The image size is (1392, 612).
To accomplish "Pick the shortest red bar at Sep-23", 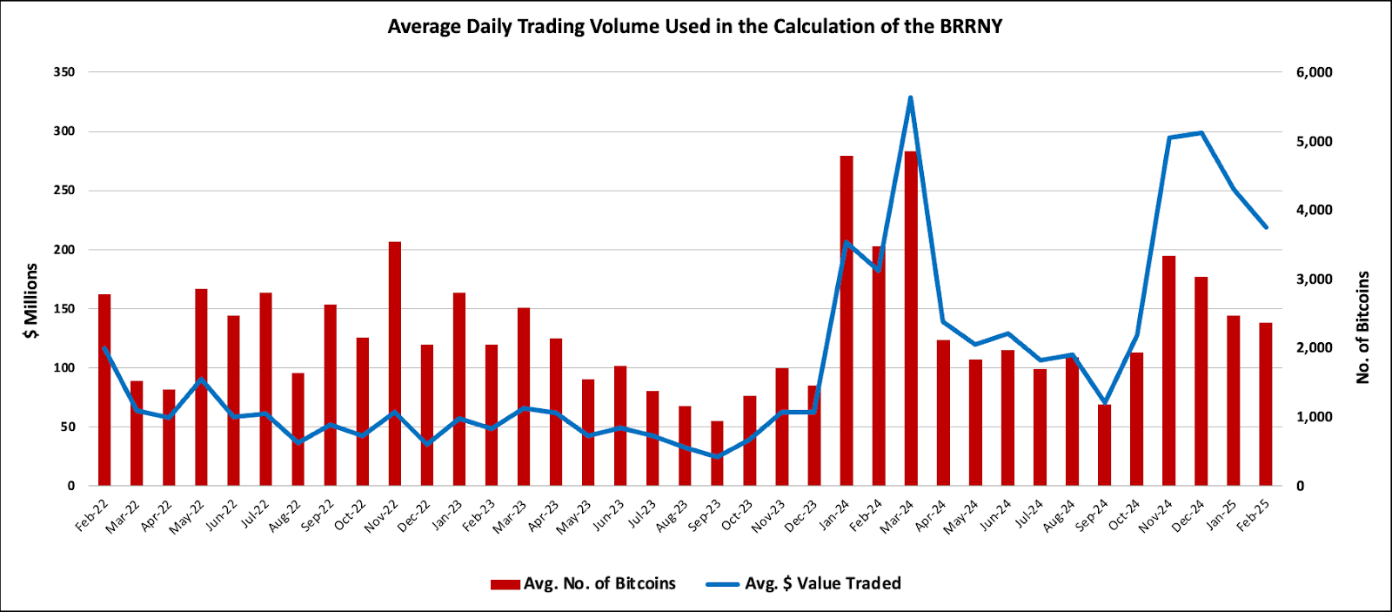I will tap(717, 454).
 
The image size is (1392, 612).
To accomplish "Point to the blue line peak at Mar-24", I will tap(911, 98).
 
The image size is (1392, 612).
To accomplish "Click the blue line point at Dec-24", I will tap(1201, 132).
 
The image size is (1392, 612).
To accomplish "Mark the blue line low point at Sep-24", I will tap(1105, 403).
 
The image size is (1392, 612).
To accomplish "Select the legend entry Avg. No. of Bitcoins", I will tap(583, 583).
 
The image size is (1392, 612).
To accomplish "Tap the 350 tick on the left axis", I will tap(64, 72).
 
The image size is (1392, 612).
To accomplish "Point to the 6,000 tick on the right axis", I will tap(1314, 72).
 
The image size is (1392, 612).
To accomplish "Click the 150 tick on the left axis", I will tap(64, 309).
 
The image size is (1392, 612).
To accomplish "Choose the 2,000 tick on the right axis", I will tap(1314, 348).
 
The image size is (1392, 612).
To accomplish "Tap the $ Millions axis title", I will tap(31, 301).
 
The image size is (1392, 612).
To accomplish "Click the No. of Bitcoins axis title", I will tap(1362, 327).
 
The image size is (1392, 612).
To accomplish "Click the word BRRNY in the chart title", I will tap(971, 26).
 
